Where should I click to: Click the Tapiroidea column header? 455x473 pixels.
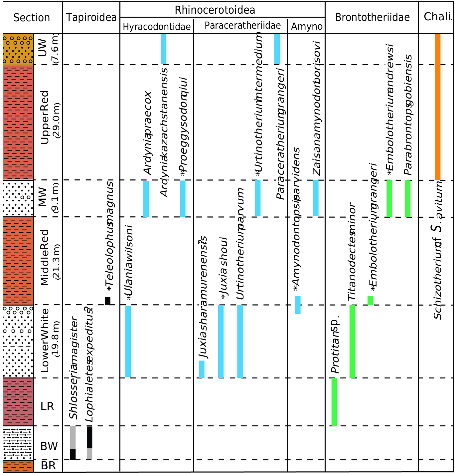(91, 17)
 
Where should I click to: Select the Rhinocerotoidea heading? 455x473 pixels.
(215, 10)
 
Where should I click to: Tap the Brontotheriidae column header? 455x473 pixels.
(372, 17)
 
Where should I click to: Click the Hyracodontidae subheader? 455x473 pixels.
(157, 27)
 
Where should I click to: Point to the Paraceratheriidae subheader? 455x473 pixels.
(242, 26)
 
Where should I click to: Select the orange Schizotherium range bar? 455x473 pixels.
(438, 107)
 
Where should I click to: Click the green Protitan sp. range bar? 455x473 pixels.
(334, 402)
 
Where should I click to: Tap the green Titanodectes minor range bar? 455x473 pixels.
(352, 341)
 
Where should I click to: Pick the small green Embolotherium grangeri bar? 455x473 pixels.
(370, 300)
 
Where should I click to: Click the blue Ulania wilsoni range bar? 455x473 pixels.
(128, 341)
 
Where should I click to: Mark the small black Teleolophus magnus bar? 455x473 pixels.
(107, 301)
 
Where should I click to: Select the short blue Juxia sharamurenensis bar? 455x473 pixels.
(202, 369)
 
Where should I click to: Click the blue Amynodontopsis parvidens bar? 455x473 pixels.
(298, 305)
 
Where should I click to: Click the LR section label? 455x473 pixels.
(47, 406)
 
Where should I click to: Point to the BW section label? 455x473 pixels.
(49, 446)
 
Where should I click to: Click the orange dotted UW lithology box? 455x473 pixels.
(18, 49)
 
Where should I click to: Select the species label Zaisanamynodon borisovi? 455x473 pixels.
(317, 108)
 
